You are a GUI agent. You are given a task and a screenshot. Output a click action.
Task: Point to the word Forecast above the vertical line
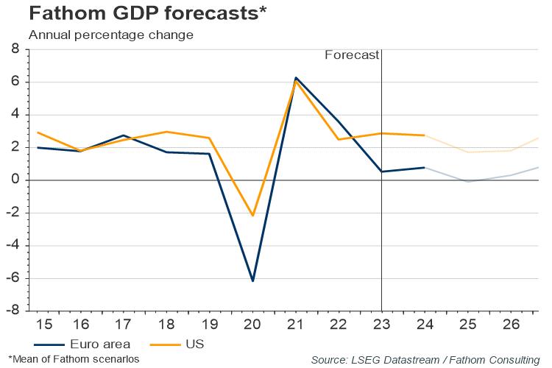click(353, 54)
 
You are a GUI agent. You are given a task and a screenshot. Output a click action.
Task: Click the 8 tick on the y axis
click(15, 50)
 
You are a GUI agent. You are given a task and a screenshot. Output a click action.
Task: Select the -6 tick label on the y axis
click(13, 278)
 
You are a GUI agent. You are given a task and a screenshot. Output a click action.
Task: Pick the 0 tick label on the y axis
click(15, 180)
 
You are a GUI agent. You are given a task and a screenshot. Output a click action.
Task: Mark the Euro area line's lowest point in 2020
click(252, 281)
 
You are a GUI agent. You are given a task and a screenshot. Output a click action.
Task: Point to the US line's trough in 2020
click(252, 216)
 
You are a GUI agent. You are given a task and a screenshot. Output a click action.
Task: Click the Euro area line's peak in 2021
click(296, 77)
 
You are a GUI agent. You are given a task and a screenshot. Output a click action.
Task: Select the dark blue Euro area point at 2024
click(425, 168)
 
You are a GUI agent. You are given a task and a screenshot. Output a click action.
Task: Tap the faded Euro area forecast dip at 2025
click(468, 182)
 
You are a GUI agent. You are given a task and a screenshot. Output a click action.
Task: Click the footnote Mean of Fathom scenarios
click(73, 358)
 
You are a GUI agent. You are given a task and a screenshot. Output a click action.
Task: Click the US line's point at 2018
click(166, 132)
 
